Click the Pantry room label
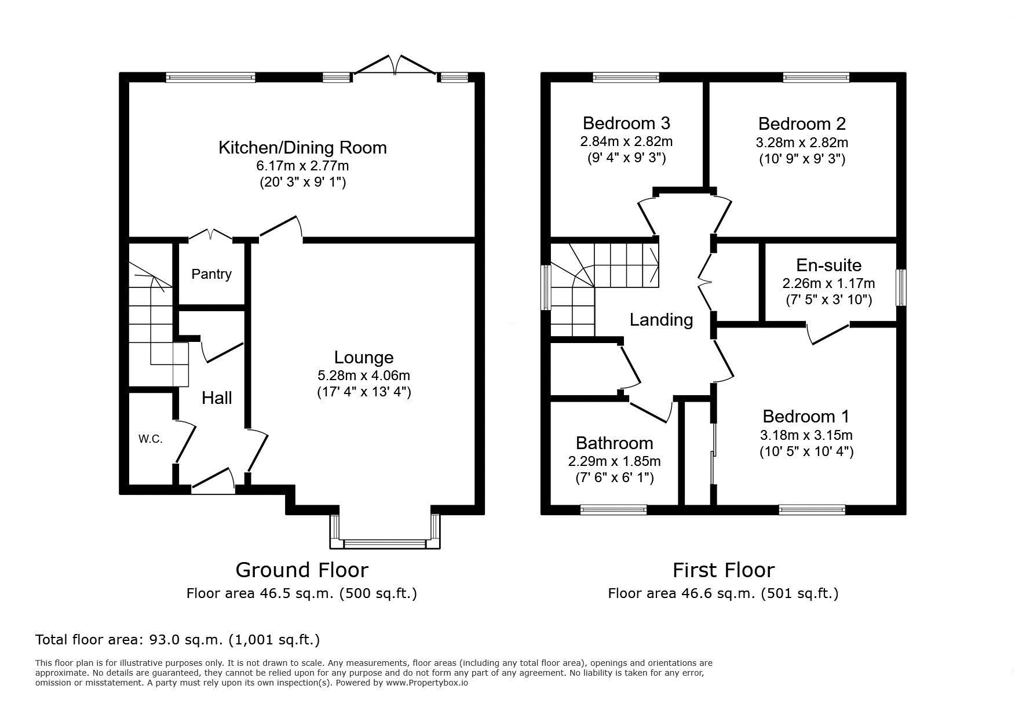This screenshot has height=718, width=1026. (211, 274)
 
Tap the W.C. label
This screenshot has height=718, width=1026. (150, 439)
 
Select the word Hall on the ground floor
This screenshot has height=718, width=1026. (217, 398)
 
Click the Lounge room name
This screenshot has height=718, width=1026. (364, 358)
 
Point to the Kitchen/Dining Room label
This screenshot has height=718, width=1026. (302, 147)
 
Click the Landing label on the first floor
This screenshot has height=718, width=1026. (661, 320)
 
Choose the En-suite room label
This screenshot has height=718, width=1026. (828, 265)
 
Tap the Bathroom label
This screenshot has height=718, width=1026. (614, 443)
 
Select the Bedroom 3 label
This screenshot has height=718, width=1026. (626, 123)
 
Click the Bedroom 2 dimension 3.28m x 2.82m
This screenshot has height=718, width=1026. (802, 142)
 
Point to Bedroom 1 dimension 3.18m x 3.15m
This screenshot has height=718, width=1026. (806, 435)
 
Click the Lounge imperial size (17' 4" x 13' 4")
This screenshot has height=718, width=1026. (364, 392)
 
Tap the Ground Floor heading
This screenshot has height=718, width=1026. (301, 570)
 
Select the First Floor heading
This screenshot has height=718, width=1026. (723, 570)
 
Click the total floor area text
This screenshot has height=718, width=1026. (177, 640)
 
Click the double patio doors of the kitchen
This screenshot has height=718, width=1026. (395, 65)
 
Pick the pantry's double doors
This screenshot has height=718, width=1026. (210, 235)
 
